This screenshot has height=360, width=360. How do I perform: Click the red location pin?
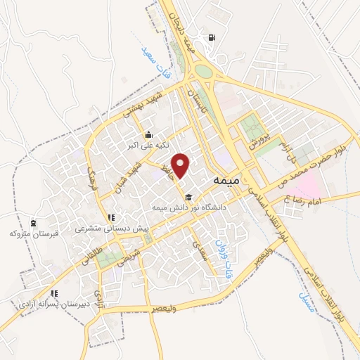[x=181, y=165]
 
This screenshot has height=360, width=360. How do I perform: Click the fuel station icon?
[x=212, y=37]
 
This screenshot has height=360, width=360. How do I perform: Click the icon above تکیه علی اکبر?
[x=148, y=136]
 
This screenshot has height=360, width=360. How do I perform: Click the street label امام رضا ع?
[x=301, y=201]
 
